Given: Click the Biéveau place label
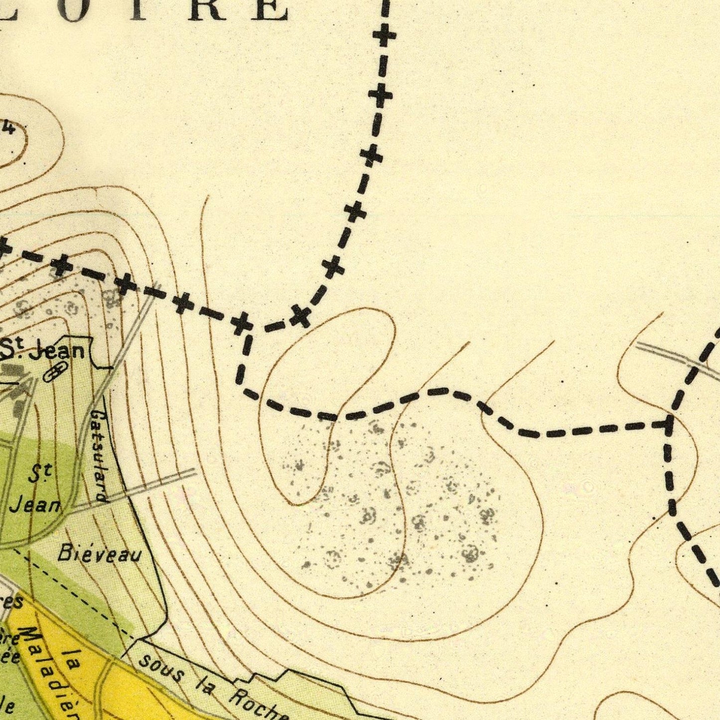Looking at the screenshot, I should coord(99,554).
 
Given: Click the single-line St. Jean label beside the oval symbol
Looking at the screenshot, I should coord(42,351).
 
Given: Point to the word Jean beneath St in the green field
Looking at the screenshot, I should coord(35,505).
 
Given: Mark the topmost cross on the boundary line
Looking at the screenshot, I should coord(385,36).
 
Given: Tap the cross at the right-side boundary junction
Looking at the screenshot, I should coord(668,423).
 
